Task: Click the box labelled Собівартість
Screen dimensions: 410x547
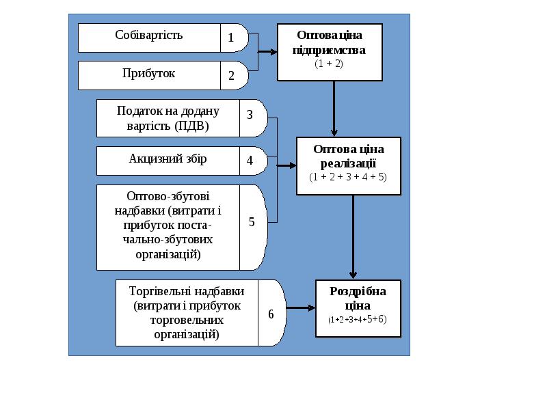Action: (x=149, y=38)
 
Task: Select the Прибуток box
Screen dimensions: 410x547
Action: (x=149, y=74)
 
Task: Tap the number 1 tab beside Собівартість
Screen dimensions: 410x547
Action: (x=232, y=38)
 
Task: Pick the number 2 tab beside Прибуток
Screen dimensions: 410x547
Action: (x=232, y=75)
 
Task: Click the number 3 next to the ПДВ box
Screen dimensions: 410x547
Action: (x=250, y=115)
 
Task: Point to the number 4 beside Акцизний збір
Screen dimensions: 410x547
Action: (x=250, y=161)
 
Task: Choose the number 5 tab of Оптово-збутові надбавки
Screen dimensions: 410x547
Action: (x=252, y=222)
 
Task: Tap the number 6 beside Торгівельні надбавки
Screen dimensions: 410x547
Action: (x=271, y=314)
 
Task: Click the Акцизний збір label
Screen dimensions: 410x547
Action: (x=168, y=159)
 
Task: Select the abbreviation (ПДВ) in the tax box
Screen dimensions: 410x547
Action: (x=191, y=126)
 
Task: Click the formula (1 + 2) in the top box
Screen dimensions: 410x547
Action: (x=329, y=64)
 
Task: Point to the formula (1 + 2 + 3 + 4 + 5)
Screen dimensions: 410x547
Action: (x=347, y=176)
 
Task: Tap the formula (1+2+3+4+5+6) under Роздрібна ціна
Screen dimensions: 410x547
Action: (x=357, y=319)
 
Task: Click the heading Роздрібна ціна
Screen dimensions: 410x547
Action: (x=358, y=298)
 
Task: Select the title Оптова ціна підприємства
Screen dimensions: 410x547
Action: (x=329, y=42)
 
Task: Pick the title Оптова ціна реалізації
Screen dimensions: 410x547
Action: (x=348, y=156)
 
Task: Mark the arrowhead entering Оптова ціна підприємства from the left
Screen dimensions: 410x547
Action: (x=273, y=52)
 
